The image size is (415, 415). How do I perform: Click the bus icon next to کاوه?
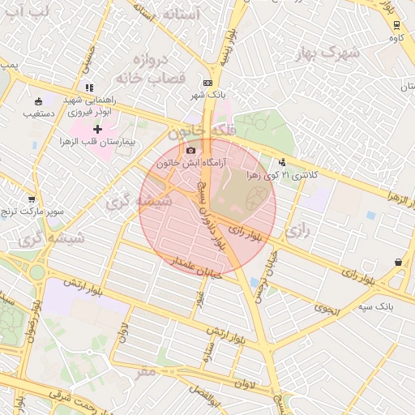[x=396, y=24]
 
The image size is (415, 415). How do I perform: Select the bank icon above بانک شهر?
[x=208, y=83]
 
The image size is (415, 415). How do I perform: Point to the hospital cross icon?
[x=97, y=129]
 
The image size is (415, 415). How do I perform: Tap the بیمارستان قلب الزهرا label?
[x=97, y=143]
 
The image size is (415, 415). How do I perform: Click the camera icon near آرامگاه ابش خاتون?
[x=190, y=150]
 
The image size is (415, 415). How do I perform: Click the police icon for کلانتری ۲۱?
[x=281, y=161]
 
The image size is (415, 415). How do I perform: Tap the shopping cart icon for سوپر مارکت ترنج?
[x=32, y=199]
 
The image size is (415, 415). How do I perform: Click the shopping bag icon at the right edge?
[x=398, y=262]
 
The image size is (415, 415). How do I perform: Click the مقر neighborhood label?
[x=146, y=372]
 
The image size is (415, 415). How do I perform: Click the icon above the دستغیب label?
[x=39, y=101]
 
